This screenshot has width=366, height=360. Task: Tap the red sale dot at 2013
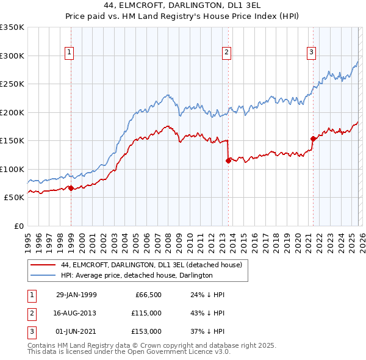(x=228, y=161)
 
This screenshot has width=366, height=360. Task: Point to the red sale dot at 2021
(x=313, y=139)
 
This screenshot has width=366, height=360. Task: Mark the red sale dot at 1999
(x=71, y=188)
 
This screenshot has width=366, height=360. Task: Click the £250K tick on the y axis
(x=12, y=84)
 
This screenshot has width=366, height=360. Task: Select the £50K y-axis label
(x=14, y=197)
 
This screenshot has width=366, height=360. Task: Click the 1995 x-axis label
(x=27, y=238)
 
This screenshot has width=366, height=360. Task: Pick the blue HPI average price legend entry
(x=136, y=275)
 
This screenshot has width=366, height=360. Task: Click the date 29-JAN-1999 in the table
(x=76, y=295)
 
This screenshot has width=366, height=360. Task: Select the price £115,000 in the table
(x=146, y=313)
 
